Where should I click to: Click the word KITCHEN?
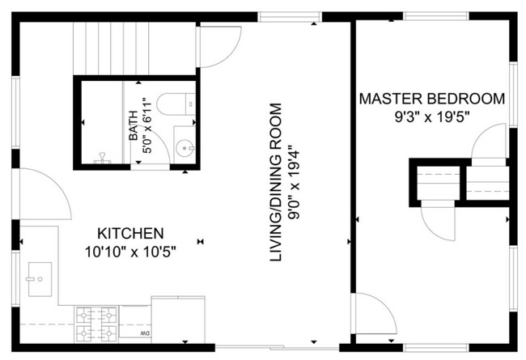131,231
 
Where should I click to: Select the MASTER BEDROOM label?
432,100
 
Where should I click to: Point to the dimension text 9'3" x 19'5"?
431,117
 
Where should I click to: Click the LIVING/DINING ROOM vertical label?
277,194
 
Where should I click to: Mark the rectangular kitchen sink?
38,277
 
